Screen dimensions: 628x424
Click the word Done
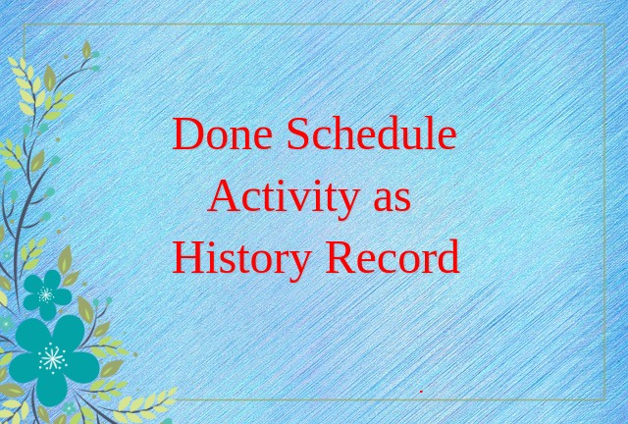(x=223, y=133)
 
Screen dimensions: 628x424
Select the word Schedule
(x=372, y=132)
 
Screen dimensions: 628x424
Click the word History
(x=241, y=259)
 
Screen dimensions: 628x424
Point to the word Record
(x=392, y=256)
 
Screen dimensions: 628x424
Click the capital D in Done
(x=187, y=133)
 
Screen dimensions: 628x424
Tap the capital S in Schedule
(x=297, y=133)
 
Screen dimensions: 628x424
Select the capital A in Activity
(x=224, y=195)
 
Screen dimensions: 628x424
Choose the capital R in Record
(x=340, y=257)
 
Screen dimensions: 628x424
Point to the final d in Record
(x=446, y=257)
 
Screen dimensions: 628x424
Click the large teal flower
(x=54, y=359)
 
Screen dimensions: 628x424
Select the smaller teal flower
(x=47, y=294)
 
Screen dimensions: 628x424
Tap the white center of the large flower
(x=52, y=358)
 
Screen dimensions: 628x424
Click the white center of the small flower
(x=46, y=295)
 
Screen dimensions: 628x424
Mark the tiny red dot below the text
(x=421, y=392)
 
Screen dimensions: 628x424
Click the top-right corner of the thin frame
(x=604, y=25)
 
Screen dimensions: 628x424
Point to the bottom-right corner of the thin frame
(x=604, y=399)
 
